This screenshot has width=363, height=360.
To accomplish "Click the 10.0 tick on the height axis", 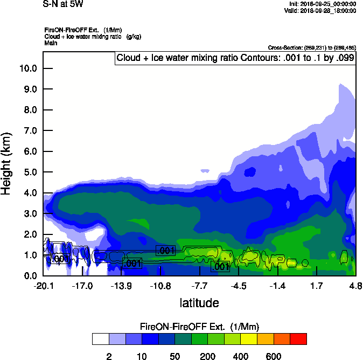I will pyautogui.click(x=28, y=68).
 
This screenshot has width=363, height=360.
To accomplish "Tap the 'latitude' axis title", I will pyautogui.click(x=199, y=303).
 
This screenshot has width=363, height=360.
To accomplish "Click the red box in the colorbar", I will pyautogui.click(x=298, y=339).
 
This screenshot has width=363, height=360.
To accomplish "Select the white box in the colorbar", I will pyautogui.click(x=100, y=339).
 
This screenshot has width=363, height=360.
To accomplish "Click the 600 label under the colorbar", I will pyautogui.click(x=273, y=356).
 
